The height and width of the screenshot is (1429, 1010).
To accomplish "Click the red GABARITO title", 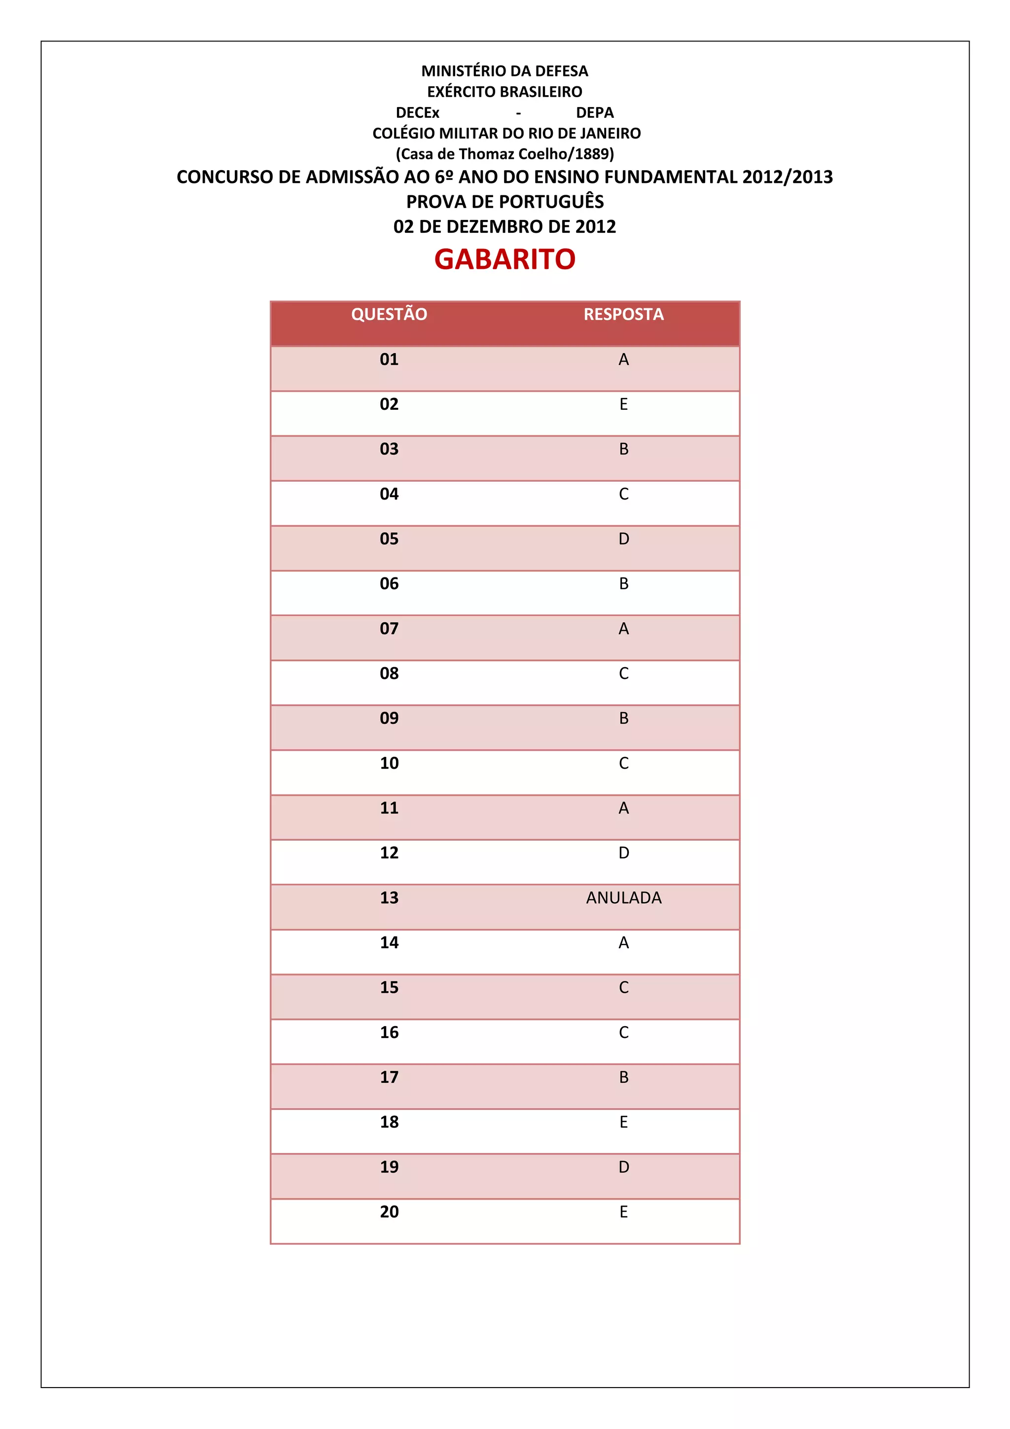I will tap(505, 259).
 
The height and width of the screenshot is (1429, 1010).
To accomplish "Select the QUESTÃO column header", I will tap(389, 314).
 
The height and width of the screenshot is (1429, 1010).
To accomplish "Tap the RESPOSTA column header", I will tap(623, 314).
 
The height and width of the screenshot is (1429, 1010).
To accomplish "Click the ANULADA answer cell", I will tap(623, 897).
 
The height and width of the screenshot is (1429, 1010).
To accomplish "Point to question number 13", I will tap(389, 897).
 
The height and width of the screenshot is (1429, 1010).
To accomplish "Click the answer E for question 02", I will tap(623, 404).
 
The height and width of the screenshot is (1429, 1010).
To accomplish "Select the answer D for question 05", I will tap(623, 539).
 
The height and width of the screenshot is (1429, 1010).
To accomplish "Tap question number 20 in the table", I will tap(389, 1212).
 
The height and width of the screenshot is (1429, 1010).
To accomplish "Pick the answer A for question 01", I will tap(623, 360).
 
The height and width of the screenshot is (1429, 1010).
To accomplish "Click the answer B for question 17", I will tap(623, 1077).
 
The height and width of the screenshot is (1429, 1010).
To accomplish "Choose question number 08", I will tap(389, 674).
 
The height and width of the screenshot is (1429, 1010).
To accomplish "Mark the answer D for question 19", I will tap(623, 1167).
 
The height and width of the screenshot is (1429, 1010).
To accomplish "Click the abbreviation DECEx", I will tap(418, 112).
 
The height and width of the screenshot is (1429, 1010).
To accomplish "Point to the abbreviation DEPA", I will tap(595, 112).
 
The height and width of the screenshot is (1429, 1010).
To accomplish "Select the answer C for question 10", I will tap(623, 763).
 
